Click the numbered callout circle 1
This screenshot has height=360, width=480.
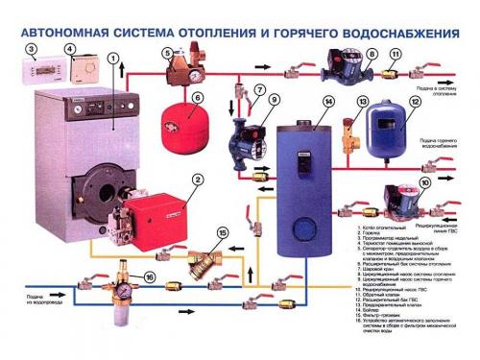pos(112,59)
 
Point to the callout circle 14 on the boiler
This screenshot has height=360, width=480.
pos(327,101)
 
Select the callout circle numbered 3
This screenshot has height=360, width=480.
pos(32,49)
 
